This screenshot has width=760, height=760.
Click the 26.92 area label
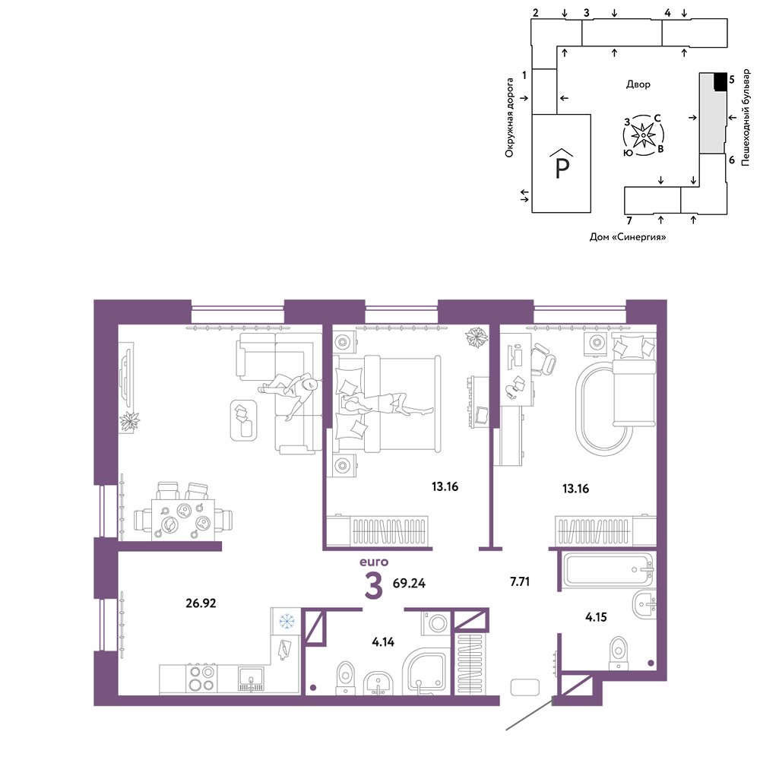coord(201,603)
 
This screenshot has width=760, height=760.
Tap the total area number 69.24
coord(409,583)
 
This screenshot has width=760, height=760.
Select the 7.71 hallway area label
coord(520,581)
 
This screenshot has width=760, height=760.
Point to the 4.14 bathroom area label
coord(383,641)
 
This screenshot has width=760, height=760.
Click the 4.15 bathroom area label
coord(596,617)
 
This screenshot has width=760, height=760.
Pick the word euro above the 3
coord(374,562)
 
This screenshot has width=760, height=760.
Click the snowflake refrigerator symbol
coord(287,621)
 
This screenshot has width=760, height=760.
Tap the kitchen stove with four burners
coord(201,678)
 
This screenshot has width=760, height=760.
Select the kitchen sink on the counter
coord(251,679)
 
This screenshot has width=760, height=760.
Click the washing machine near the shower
coord(436,623)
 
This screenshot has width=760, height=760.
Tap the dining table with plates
coord(182,520)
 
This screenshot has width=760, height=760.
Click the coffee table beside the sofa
coord(243,420)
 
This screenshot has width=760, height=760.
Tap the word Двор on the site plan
coord(638,84)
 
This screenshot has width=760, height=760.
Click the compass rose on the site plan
coord(643,135)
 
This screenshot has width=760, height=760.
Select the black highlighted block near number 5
coord(720,81)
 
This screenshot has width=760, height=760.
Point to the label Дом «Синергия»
coord(628,237)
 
